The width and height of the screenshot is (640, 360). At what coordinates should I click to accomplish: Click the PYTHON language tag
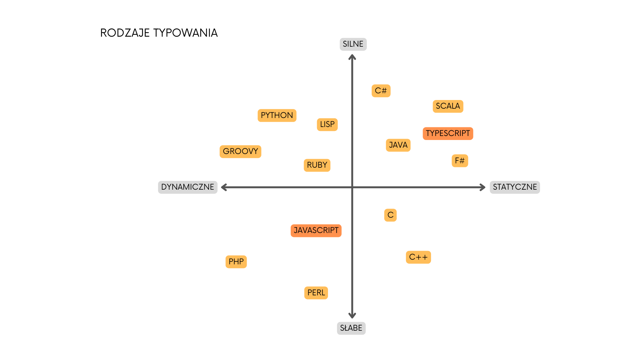pos(277,115)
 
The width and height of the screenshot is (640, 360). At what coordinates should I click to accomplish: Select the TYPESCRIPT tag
pos(448,133)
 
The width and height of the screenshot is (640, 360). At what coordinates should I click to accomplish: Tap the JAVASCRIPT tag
pos(316,230)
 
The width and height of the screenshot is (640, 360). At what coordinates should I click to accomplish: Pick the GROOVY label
pos(240,151)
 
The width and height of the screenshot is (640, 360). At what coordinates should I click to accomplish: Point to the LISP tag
pos(327,124)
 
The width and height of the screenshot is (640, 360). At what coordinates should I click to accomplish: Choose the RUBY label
pos(317,165)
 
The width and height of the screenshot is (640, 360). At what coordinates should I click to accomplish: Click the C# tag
pos(381,91)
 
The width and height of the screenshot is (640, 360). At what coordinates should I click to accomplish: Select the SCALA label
pos(448,106)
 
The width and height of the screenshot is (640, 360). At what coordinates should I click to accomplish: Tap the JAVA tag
pos(398,145)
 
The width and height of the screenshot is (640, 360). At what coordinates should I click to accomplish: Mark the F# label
pos(460,161)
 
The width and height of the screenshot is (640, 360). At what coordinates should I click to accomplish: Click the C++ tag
pos(418,257)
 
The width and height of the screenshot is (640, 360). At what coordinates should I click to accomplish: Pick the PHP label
pos(236,262)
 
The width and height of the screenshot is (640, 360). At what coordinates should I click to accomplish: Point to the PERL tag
pos(316,293)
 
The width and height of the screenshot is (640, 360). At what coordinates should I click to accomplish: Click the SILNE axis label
pos(353,44)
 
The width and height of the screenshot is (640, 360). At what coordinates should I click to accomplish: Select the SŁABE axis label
pos(351,328)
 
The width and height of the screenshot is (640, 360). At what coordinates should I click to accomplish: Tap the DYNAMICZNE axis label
pos(188,187)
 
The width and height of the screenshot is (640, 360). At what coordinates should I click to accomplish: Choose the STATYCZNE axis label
pos(515,187)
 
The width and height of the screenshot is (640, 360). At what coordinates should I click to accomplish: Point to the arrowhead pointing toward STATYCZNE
pos(483,187)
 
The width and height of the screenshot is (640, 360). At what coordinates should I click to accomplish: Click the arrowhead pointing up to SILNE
pos(352,57)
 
